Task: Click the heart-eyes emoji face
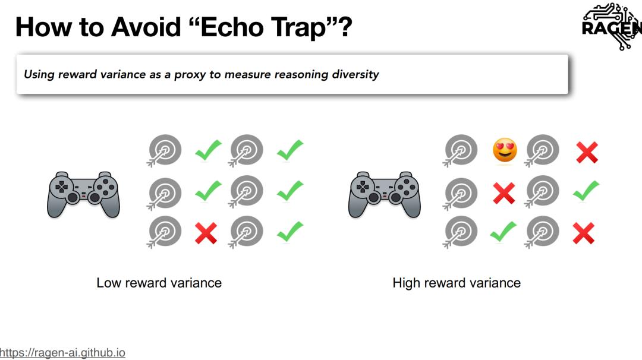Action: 505,150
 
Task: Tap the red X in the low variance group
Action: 206,233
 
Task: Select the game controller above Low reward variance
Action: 84,194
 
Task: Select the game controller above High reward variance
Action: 385,194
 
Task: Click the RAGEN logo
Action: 612,26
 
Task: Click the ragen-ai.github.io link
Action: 62,353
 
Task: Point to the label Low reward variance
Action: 159,283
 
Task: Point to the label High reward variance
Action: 457,283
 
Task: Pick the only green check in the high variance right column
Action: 586,191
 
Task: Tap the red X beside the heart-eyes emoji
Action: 587,152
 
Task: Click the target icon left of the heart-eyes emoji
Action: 460,150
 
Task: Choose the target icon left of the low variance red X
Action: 164,232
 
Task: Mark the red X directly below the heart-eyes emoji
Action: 504,193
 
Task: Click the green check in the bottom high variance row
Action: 503,232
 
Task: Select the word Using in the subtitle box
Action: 39,74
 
